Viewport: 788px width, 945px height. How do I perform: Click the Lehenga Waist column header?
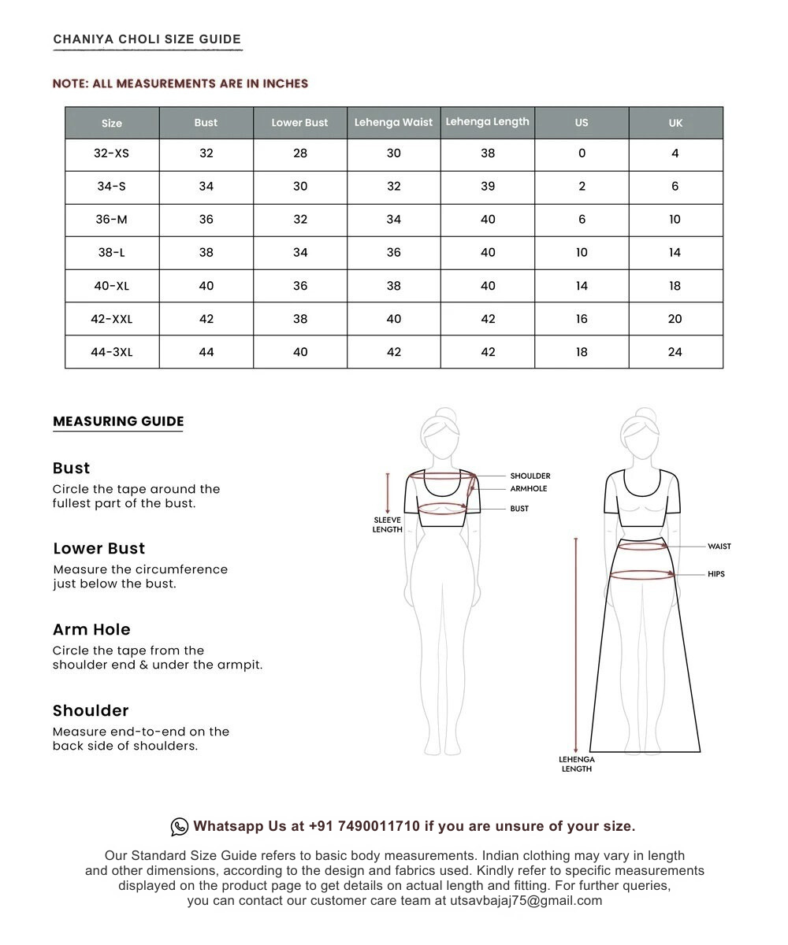click(393, 122)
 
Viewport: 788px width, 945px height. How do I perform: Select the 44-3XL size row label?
click(112, 352)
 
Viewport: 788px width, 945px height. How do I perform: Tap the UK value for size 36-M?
click(675, 220)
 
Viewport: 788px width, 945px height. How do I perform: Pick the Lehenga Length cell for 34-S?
click(488, 187)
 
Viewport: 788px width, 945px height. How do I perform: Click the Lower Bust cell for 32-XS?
click(300, 154)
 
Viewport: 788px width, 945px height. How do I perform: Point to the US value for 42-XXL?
click(582, 319)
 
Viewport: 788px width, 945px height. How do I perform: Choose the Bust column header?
click(206, 122)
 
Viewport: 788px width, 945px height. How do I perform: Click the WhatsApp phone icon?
click(180, 826)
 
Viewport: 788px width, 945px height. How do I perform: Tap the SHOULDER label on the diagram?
click(530, 476)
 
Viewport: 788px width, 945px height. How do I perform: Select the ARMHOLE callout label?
click(528, 489)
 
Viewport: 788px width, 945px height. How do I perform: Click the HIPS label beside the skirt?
click(716, 574)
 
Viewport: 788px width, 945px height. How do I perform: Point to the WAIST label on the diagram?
click(719, 547)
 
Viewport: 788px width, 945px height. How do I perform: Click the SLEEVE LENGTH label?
click(387, 524)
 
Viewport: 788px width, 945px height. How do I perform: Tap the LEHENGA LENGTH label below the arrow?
click(577, 764)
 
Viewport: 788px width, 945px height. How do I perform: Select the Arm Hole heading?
click(91, 629)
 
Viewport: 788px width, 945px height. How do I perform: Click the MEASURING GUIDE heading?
click(118, 421)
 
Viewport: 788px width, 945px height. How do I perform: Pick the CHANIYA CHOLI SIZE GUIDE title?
click(147, 39)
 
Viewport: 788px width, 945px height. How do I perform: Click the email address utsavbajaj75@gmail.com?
click(526, 901)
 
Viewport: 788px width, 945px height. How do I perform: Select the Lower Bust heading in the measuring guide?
click(99, 548)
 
